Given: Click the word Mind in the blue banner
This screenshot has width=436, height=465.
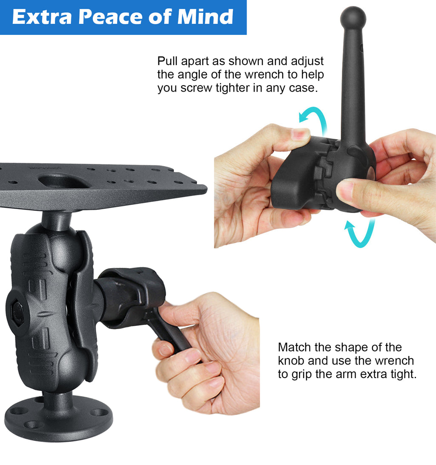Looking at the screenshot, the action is tap(205, 17).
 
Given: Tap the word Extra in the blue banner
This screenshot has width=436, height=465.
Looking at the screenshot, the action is tap(42, 17).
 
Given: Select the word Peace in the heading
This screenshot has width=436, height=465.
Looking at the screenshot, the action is tap(110, 17).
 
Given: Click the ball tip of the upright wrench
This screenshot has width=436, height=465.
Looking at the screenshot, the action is tap(353, 18).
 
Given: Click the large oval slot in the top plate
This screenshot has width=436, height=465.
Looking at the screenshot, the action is tap(64, 180).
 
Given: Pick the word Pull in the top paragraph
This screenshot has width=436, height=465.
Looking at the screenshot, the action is tap(167, 61).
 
